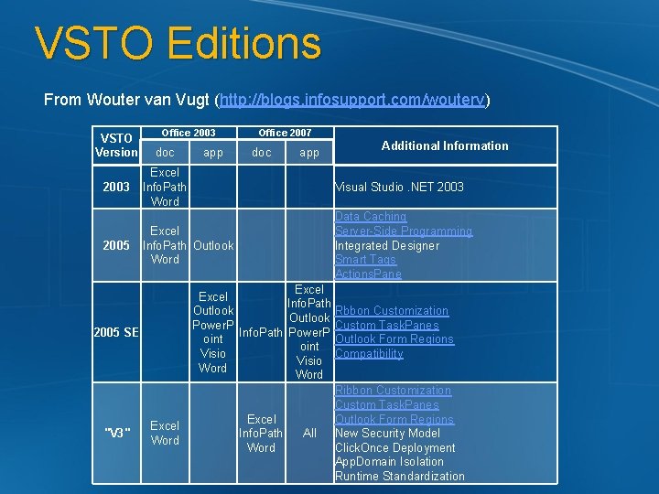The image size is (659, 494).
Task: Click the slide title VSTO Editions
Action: [178, 44]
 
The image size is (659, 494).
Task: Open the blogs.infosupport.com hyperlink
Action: [351, 99]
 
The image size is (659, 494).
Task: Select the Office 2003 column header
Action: [189, 133]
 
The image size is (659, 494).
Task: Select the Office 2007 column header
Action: [285, 133]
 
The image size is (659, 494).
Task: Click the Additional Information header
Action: [445, 145]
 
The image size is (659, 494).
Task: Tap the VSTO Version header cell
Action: [116, 145]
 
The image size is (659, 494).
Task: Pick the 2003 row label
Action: [116, 187]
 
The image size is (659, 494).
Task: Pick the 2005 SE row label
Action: [116, 332]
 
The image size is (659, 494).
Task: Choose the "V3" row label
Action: [116, 433]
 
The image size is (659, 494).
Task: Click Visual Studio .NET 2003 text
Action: [399, 187]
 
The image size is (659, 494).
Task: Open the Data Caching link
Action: [371, 217]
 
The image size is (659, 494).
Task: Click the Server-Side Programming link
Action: [404, 231]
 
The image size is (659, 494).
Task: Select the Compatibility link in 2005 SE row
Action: [369, 354]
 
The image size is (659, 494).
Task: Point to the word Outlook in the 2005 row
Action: [213, 245]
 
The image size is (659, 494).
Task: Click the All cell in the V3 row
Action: [309, 433]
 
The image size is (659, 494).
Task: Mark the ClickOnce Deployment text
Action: [394, 447]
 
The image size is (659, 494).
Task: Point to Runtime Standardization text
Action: [399, 476]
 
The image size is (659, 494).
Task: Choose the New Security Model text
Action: [387, 433]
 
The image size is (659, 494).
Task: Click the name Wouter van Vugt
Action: [147, 99]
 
